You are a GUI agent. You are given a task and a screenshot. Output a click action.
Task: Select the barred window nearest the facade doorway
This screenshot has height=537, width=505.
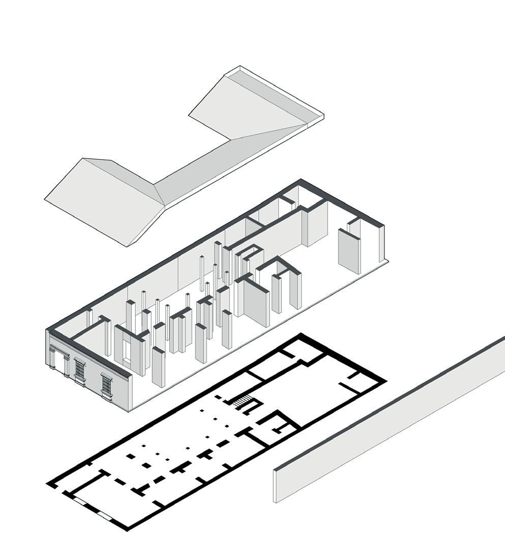click(80, 371)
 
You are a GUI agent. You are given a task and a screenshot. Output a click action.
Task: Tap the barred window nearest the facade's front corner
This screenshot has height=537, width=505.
click(106, 386)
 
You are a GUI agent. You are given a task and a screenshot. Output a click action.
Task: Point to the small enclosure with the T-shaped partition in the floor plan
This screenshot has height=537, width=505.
click(277, 424)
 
